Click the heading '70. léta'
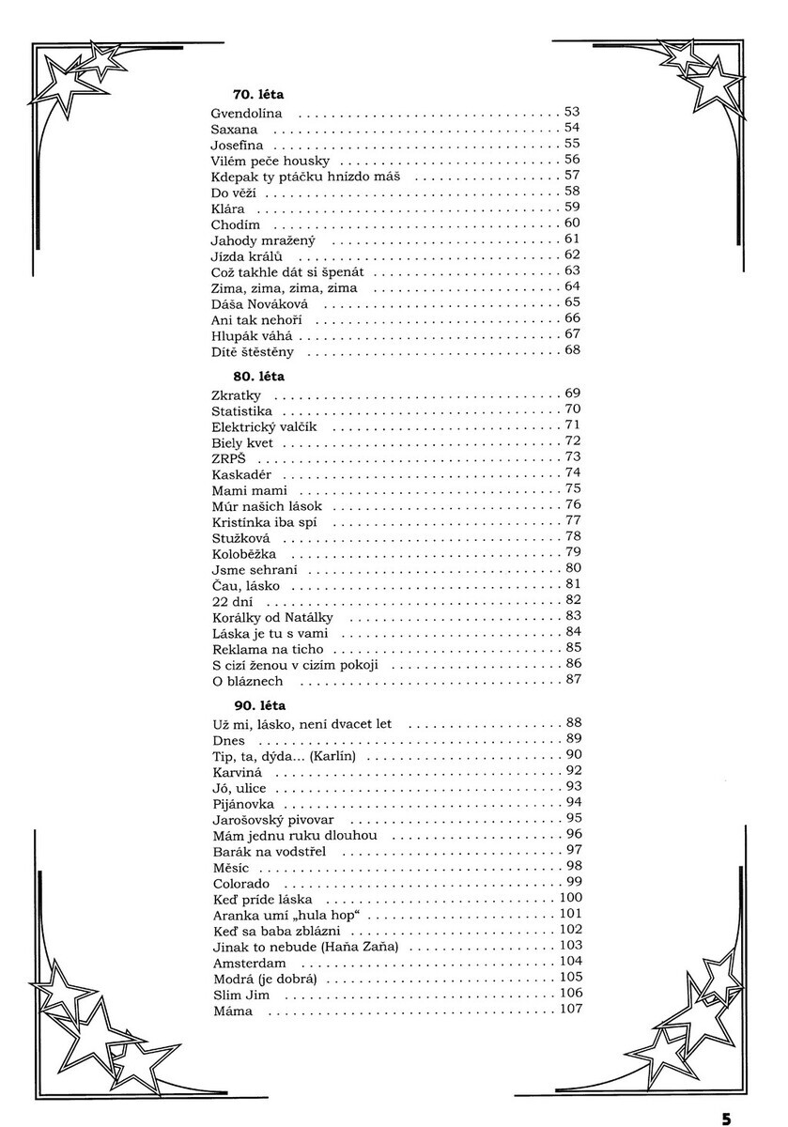tap(258, 95)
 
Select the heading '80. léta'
tap(258, 377)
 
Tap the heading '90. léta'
tap(258, 704)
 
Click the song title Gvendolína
tap(247, 113)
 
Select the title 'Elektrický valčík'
tap(265, 427)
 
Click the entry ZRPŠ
tap(229, 458)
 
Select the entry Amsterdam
tap(249, 964)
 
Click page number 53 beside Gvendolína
tap(572, 112)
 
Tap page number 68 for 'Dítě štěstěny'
tap(572, 351)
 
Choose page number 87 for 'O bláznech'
tap(572, 679)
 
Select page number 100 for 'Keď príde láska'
tap(570, 898)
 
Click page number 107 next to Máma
tap(570, 1010)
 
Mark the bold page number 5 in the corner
tap(727, 1118)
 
